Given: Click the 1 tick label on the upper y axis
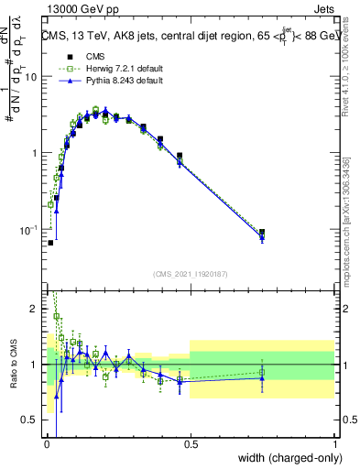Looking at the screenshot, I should tap(35, 153).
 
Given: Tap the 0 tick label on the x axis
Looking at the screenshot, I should tap(46, 444).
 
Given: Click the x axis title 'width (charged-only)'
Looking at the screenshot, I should tap(286, 459).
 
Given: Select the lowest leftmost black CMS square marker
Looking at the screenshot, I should tap(50, 243).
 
